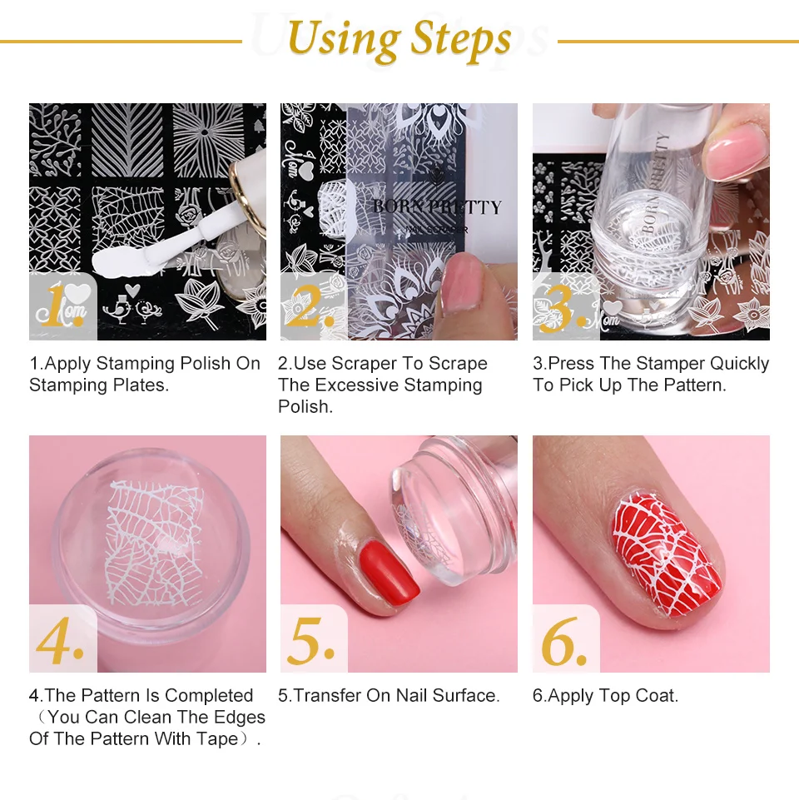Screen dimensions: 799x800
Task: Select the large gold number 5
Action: (x=310, y=640)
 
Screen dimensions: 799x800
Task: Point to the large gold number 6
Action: (x=563, y=640)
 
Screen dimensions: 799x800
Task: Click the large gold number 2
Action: (x=310, y=306)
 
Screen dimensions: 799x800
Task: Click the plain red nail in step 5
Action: (x=390, y=574)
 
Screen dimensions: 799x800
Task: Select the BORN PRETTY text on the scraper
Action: (x=437, y=206)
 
